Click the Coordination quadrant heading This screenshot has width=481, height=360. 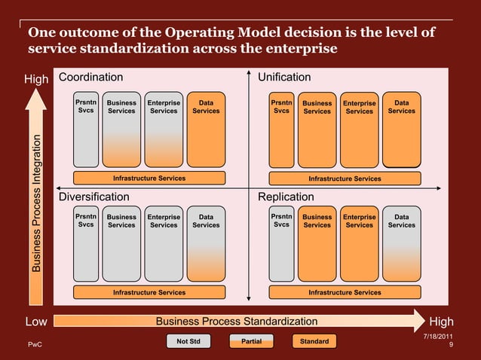point(90,78)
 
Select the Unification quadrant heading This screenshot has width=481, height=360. point(284,78)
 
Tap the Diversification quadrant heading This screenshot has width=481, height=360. point(94,197)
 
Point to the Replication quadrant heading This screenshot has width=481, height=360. point(286,197)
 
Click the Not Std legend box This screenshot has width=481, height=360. point(188,342)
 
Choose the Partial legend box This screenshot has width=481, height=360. point(251,342)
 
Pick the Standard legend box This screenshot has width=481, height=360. point(314,342)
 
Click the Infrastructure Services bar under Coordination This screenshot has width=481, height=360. point(149,178)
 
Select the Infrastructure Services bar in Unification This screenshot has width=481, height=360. point(345,178)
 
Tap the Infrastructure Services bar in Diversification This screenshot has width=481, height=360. point(149,292)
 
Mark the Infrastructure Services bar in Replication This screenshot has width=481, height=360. point(345,292)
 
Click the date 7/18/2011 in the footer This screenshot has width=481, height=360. point(438,335)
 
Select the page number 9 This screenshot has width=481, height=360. point(450,346)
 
